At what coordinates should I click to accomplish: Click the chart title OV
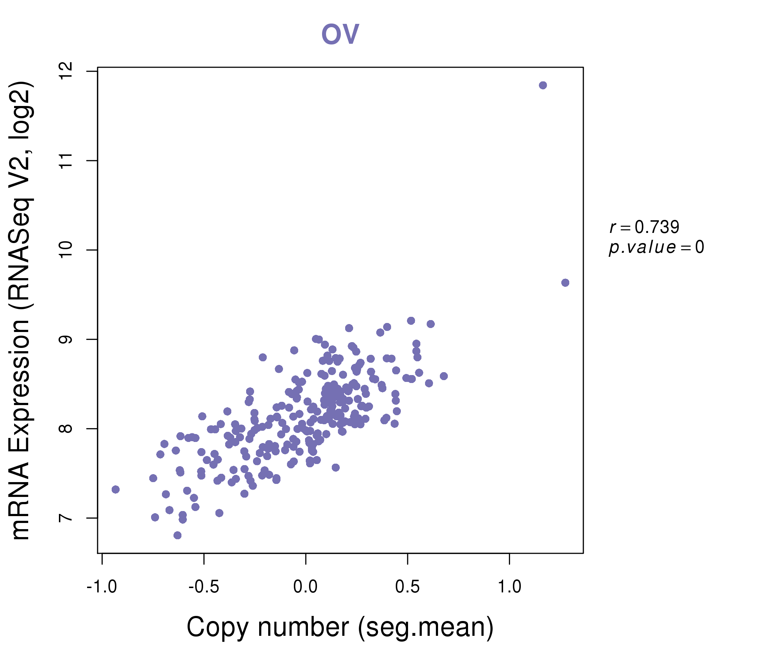coord(340,34)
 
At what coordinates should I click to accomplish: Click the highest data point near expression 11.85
coord(543,85)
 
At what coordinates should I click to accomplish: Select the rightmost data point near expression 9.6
coord(565,282)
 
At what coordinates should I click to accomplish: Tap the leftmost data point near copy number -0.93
coord(116,489)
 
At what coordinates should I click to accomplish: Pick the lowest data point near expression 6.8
coord(178,535)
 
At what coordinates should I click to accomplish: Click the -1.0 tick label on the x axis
coord(102,587)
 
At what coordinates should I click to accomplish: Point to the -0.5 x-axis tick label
coord(204,587)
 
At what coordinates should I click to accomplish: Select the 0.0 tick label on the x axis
coord(305,587)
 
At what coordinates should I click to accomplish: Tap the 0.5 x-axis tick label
coord(407,587)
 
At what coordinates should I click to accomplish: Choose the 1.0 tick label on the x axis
coord(509,587)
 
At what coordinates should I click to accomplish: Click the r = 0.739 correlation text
coord(644,227)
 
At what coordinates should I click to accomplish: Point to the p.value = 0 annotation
coord(656,247)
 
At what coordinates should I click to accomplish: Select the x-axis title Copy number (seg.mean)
coord(340,627)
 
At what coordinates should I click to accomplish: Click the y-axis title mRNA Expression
coord(21,310)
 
